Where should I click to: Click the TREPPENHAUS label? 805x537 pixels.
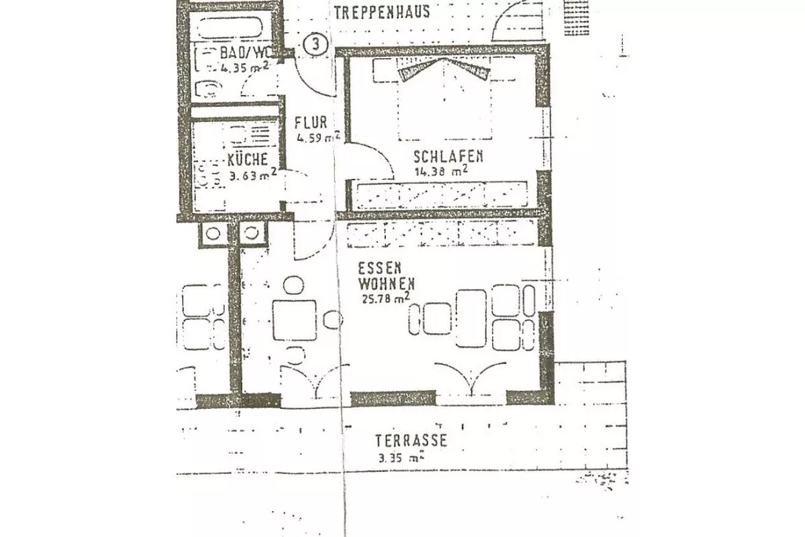(x=381, y=12)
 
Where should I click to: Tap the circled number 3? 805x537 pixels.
(x=314, y=44)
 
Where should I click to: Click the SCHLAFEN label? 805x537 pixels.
(x=448, y=156)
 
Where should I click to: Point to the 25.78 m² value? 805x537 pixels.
(x=384, y=298)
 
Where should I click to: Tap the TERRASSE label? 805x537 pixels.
(x=410, y=441)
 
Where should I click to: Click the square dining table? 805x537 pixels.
(x=295, y=320)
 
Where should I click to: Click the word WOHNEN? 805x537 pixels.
(x=385, y=282)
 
